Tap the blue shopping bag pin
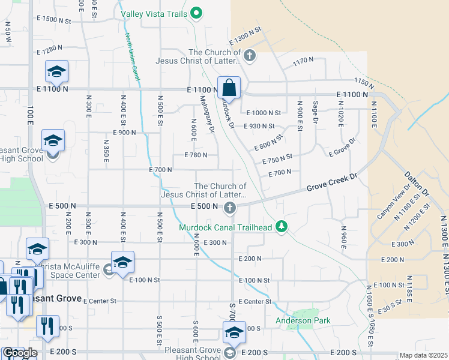point(229,88)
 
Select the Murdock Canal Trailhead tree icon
point(281,227)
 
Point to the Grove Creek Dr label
point(332,183)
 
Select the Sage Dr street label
point(315,112)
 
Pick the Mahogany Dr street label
point(207,114)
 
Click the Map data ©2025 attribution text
point(424,355)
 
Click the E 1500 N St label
point(53,20)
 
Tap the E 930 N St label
point(259,126)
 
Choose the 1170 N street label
point(303,60)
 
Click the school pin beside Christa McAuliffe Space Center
point(122,263)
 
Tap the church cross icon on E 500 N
point(229,208)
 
